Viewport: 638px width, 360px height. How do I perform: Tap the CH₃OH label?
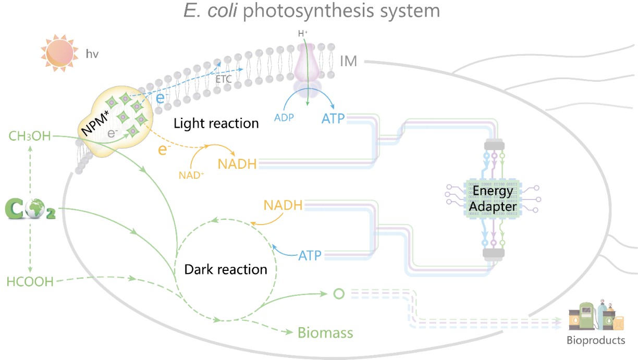click(x=30, y=137)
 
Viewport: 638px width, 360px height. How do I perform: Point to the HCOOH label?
click(x=30, y=282)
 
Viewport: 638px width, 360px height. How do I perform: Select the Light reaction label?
click(x=216, y=123)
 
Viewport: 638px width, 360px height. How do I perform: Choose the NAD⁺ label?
click(x=192, y=175)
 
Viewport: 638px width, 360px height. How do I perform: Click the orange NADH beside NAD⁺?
click(x=238, y=164)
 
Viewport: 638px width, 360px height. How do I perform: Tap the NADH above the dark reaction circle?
click(x=284, y=205)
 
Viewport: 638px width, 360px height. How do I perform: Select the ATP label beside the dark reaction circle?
click(x=310, y=255)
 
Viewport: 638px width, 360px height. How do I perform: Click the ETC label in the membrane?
click(x=224, y=80)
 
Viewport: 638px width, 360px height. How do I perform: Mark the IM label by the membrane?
click(x=348, y=61)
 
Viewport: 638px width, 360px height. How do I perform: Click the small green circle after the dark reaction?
click(x=339, y=294)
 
